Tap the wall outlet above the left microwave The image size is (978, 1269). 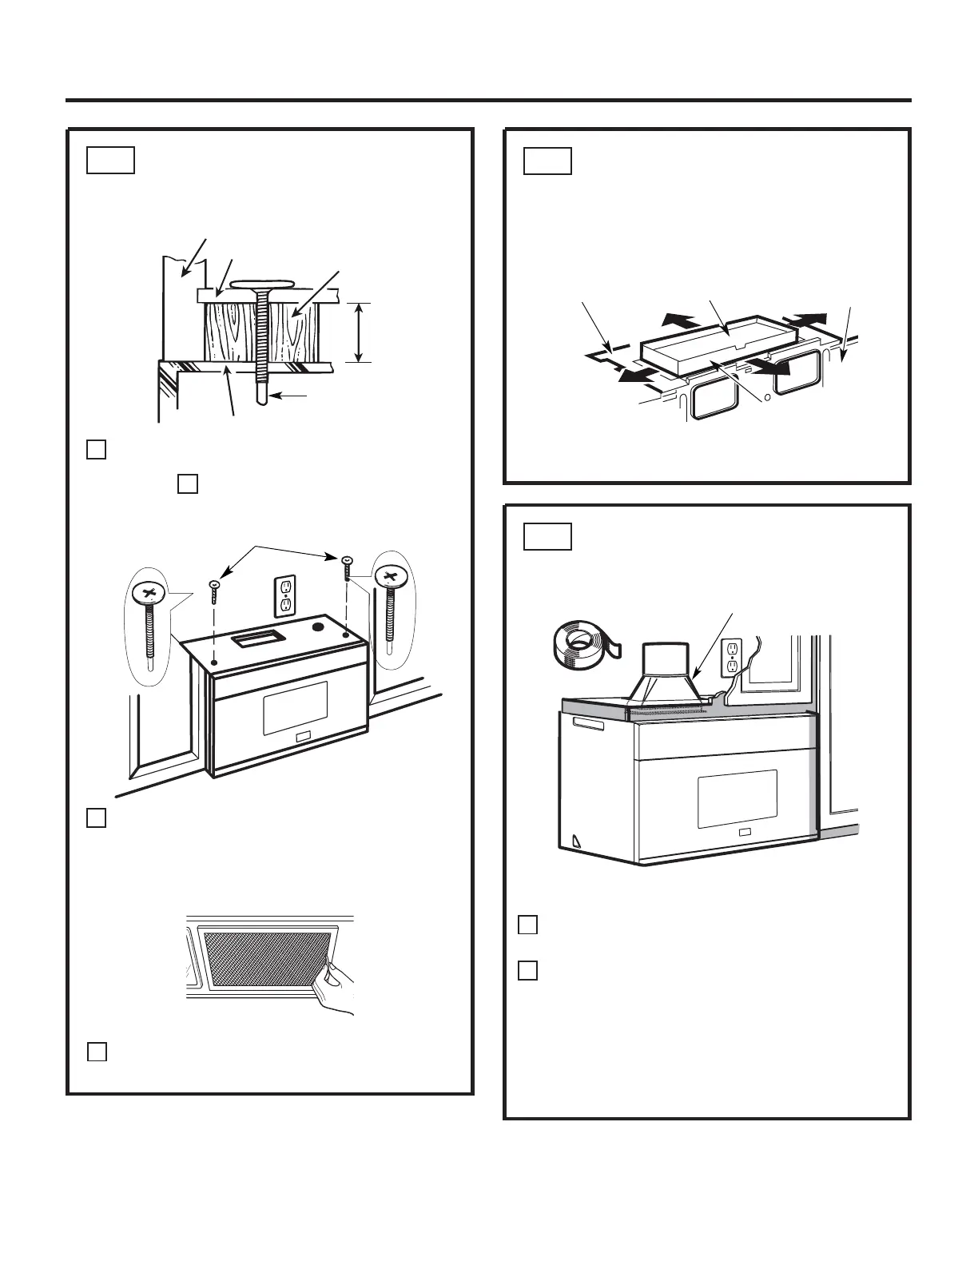click(285, 596)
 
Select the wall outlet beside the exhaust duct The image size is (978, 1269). click(733, 658)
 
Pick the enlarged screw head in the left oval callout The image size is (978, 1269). click(149, 594)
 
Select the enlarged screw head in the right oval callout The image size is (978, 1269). click(391, 575)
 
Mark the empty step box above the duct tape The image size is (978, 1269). click(548, 536)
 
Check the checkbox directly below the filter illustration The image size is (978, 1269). click(96, 1052)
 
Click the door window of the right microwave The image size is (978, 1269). click(737, 798)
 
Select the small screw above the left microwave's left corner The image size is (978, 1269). click(214, 592)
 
